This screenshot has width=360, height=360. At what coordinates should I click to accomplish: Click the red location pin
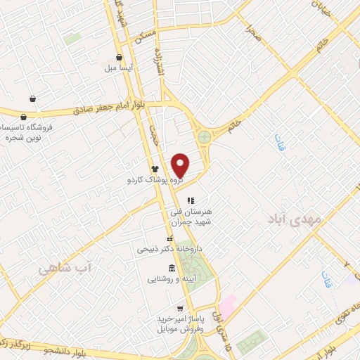click(181, 165)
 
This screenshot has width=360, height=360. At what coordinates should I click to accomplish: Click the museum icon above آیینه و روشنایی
click(173, 267)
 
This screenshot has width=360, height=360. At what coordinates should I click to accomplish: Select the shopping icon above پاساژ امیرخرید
click(181, 308)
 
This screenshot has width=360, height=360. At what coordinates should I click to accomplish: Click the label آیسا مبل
click(120, 68)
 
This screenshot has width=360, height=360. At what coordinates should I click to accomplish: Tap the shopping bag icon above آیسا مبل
click(120, 57)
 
